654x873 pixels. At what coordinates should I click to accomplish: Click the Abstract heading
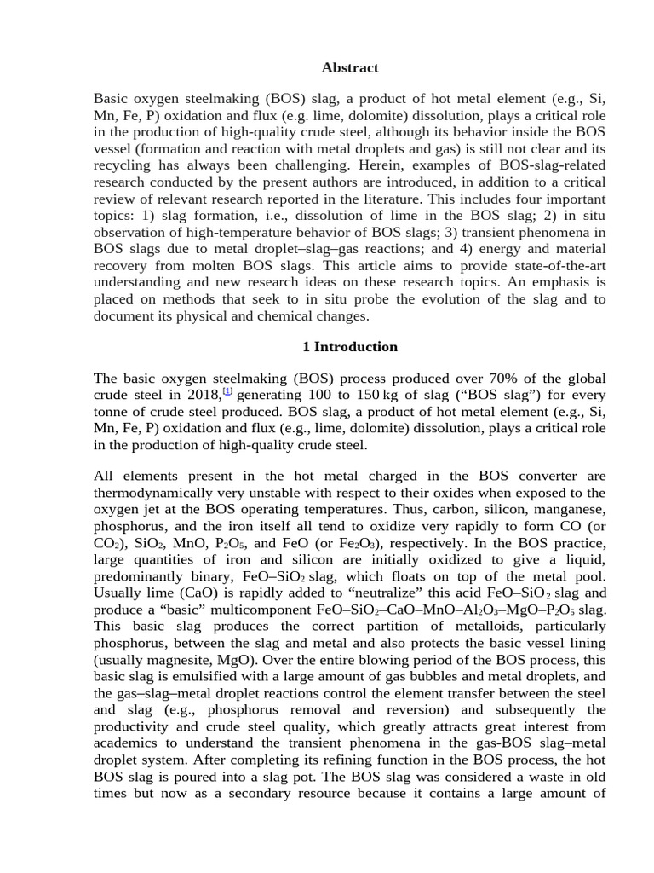(x=350, y=67)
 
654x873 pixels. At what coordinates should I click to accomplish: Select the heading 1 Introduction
(x=350, y=347)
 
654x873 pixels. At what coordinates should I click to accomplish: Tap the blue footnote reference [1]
(x=227, y=391)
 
